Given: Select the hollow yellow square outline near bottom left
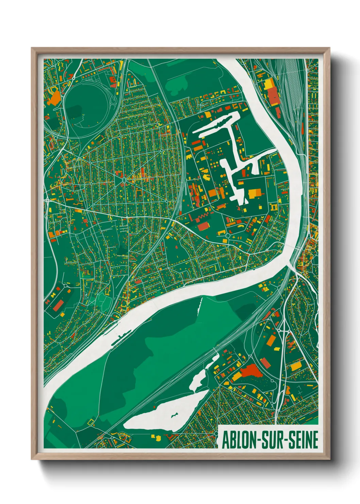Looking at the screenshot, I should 91,422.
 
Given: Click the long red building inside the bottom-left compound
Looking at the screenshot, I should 58,305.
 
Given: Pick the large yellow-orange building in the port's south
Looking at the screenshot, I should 255,194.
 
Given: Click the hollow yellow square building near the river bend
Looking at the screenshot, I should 273,207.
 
